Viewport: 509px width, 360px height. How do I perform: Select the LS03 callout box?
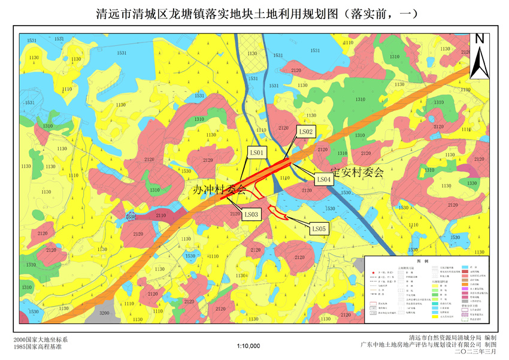[x=252, y=214]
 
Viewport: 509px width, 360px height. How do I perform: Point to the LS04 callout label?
[x=323, y=179]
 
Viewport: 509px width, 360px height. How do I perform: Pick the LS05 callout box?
[x=319, y=228]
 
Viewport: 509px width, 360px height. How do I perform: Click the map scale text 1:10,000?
[x=249, y=346]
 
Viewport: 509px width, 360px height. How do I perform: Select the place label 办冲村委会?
[x=220, y=190]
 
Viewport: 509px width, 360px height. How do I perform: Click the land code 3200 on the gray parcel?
[x=104, y=313]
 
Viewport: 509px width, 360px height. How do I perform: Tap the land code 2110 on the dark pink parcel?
[x=160, y=215]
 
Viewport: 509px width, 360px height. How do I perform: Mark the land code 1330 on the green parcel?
[x=472, y=183]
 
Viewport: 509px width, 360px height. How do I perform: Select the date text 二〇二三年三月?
[x=471, y=352]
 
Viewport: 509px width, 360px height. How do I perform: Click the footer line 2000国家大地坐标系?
[x=41, y=340]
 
